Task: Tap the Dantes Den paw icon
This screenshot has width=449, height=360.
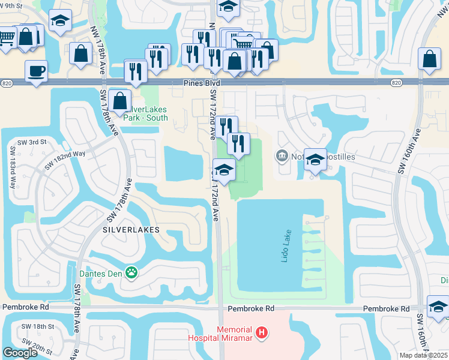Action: (131, 273)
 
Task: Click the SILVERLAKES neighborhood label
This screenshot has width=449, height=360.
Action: (131, 230)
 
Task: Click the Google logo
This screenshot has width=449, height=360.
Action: (20, 353)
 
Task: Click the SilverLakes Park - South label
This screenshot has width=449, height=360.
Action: (145, 113)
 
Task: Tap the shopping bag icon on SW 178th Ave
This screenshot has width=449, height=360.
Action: (120, 101)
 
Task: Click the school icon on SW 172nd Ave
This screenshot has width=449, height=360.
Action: (224, 170)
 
